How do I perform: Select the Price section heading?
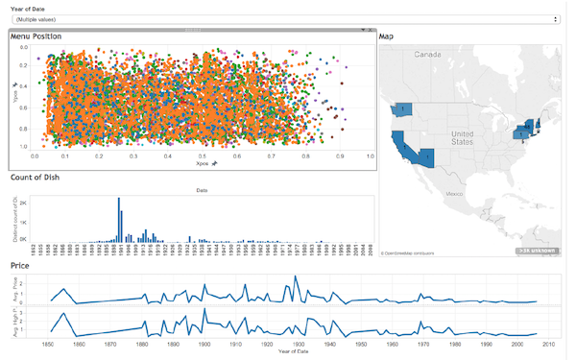(19, 264)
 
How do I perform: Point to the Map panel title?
(386, 36)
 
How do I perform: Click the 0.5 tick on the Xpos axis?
(203, 155)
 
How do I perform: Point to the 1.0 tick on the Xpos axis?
(371, 155)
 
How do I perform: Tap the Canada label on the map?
(427, 55)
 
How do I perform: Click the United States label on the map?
(464, 138)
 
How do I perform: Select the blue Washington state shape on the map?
(399, 109)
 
